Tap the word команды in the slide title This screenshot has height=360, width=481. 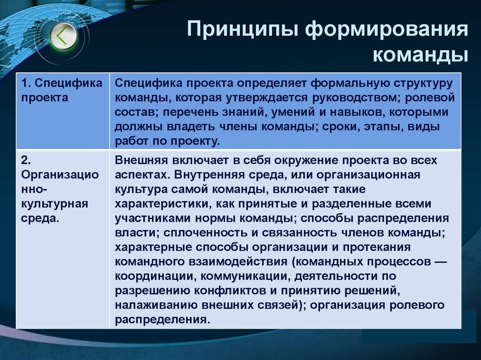(x=420, y=55)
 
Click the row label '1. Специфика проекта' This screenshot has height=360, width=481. (x=62, y=91)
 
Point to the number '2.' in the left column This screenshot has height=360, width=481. (x=25, y=161)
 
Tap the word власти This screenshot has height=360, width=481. (x=131, y=233)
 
